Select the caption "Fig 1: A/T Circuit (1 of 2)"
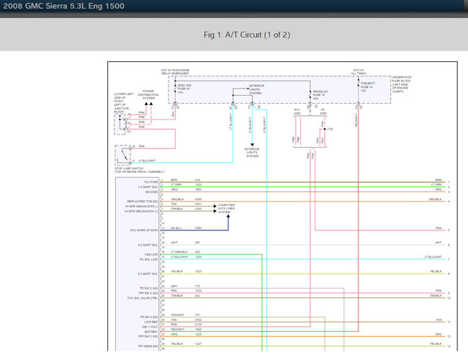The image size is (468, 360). (x=233, y=35)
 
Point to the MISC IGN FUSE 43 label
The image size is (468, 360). (x=185, y=89)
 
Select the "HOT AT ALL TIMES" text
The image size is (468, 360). (x=359, y=72)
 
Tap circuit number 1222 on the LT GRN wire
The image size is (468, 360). (x=198, y=185)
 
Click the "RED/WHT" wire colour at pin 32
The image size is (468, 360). (x=177, y=330)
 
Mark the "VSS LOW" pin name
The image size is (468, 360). (x=150, y=253)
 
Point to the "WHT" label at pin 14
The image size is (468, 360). (x=174, y=243)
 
